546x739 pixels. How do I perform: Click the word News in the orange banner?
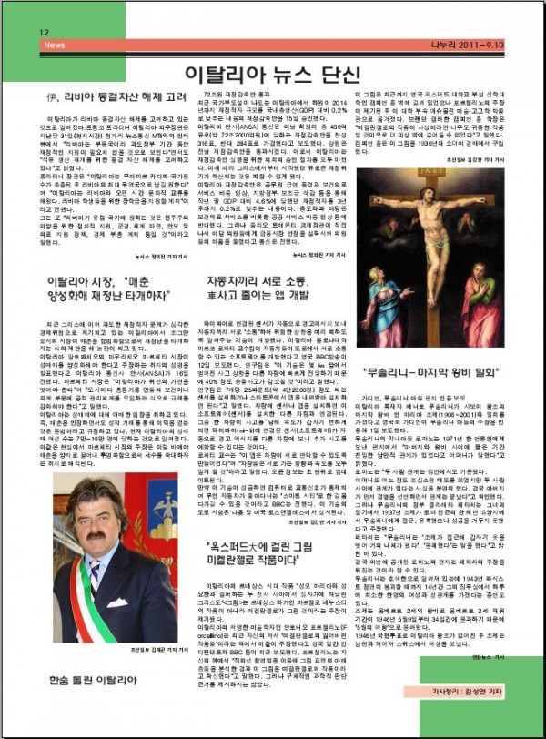pyautogui.click(x=55, y=44)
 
